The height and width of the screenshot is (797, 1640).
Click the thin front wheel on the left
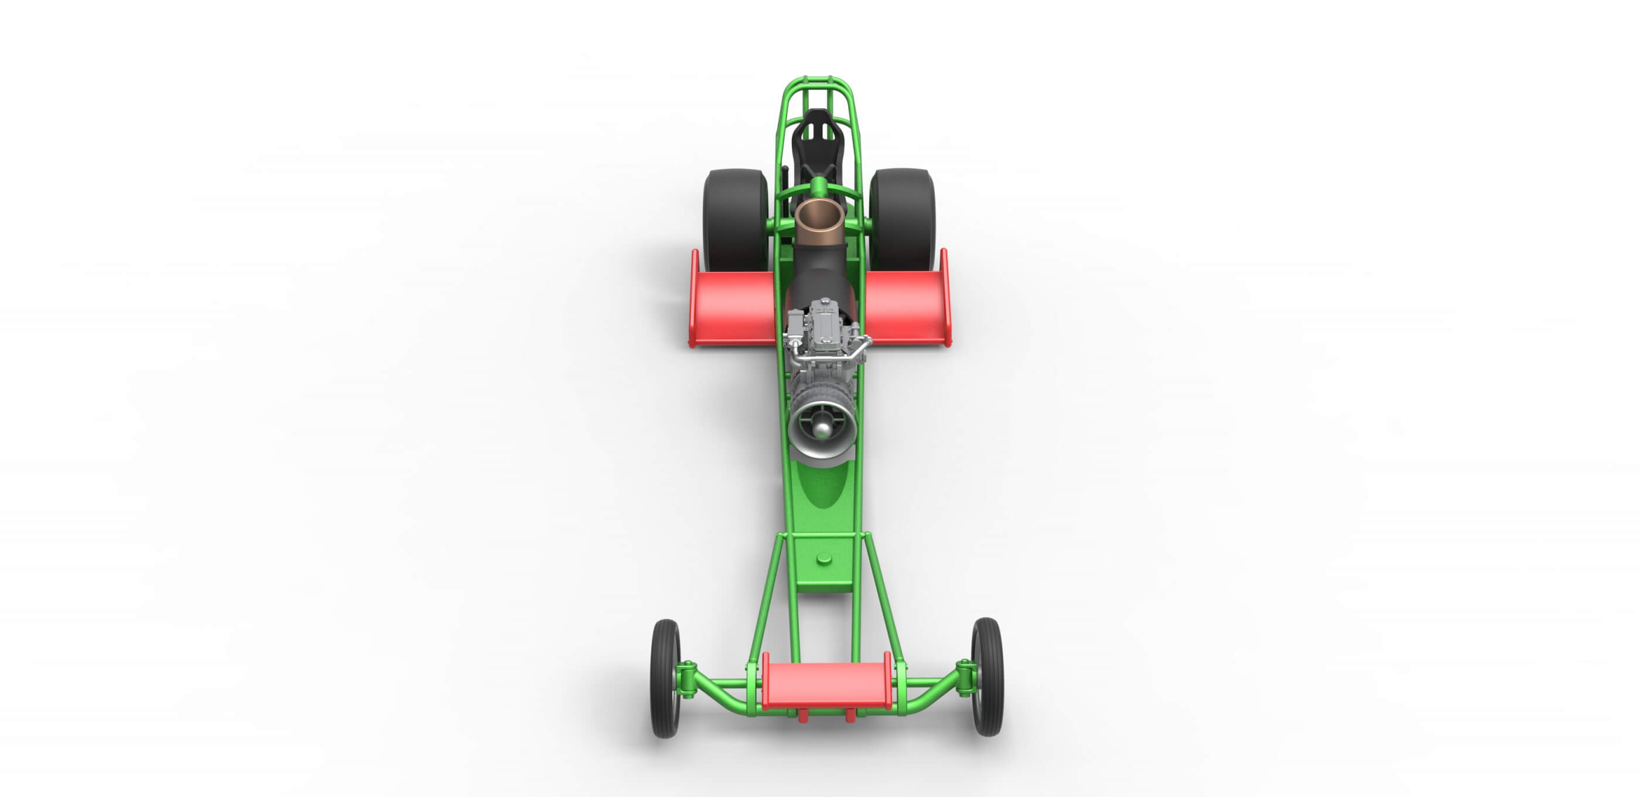(x=665, y=679)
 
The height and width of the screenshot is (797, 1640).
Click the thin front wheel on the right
(x=988, y=677)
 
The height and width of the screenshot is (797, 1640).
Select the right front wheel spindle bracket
(x=966, y=677)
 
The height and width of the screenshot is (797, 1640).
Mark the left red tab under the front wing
(x=803, y=717)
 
